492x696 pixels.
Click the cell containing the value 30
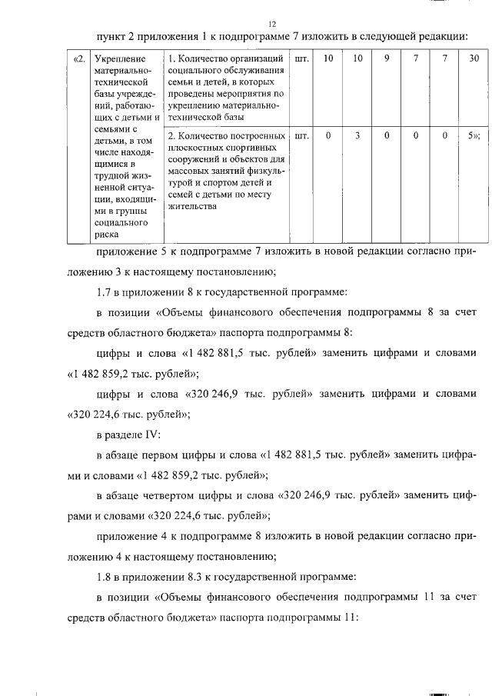[x=474, y=59]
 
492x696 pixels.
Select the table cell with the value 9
[x=386, y=59]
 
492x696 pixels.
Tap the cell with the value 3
[x=357, y=135]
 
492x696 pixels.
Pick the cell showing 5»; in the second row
[x=474, y=135]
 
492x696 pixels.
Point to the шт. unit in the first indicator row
[x=301, y=59]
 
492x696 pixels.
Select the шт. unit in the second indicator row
[x=301, y=135]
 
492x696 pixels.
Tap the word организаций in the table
[x=256, y=59]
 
